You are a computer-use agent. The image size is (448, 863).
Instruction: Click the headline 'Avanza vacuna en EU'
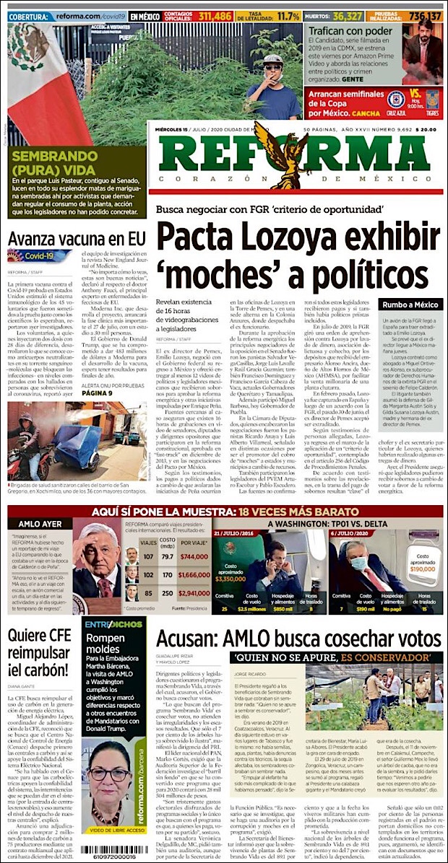coord(72,237)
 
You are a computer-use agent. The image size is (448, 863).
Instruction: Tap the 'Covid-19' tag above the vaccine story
coord(40,256)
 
